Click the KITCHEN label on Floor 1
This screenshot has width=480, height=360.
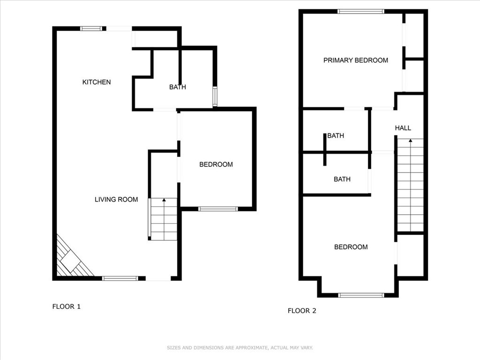point(97,82)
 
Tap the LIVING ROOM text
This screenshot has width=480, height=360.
point(116,199)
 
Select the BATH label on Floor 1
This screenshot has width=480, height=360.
point(177,87)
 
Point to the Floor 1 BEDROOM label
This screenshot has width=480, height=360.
point(216,164)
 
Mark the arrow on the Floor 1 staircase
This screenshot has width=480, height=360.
point(164,201)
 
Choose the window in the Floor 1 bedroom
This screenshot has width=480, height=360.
point(217,209)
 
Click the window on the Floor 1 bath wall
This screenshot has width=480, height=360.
point(215,97)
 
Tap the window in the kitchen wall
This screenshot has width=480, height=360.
point(91,29)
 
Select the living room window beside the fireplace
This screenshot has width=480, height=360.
point(120,278)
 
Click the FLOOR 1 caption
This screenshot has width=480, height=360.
point(66,307)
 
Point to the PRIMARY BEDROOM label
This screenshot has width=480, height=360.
point(355,60)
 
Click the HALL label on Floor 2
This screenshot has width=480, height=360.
point(403,128)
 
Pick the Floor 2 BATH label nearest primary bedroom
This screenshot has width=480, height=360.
point(335,135)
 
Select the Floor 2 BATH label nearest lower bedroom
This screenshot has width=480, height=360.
point(342,179)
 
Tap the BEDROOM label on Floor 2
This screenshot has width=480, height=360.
point(351,247)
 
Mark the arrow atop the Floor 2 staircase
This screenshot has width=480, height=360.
point(411,140)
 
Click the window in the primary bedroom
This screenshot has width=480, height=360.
point(360,11)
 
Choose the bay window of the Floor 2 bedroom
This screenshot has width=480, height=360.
point(361,295)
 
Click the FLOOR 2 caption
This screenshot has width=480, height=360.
point(302,310)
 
